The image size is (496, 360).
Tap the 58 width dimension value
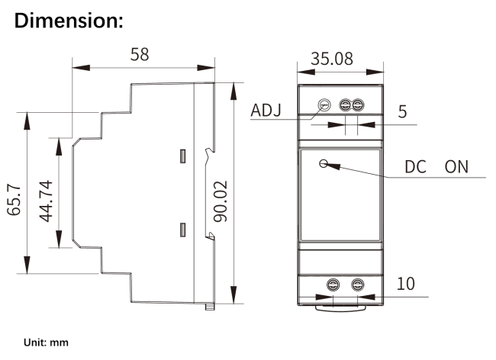[x=139, y=55]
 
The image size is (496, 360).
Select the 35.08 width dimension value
[x=336, y=59]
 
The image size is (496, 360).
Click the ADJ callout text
[x=266, y=111]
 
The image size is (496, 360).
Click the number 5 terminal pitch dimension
[x=402, y=111]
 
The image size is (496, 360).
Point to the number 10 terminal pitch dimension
[x=406, y=284]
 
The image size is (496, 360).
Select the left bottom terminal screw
[x=333, y=284]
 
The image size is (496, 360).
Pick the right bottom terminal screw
[x=356, y=284]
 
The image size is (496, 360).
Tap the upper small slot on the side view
[x=182, y=156]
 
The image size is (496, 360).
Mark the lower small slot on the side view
[x=182, y=228]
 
